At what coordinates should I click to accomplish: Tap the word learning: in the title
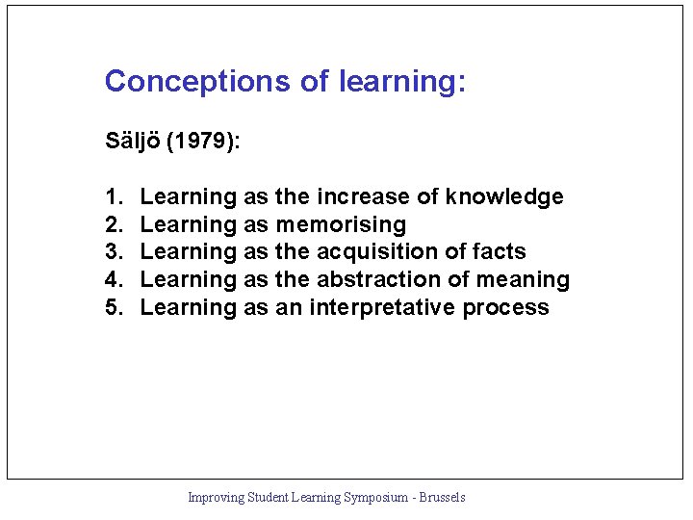click(x=402, y=82)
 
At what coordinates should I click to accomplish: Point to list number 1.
click(x=113, y=197)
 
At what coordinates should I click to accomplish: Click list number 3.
click(x=113, y=252)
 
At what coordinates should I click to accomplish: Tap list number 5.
click(x=113, y=308)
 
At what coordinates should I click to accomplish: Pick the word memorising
click(x=341, y=225)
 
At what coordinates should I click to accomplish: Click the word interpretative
click(x=382, y=308)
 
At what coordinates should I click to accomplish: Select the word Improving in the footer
click(x=216, y=498)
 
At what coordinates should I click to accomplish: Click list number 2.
click(x=113, y=225)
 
